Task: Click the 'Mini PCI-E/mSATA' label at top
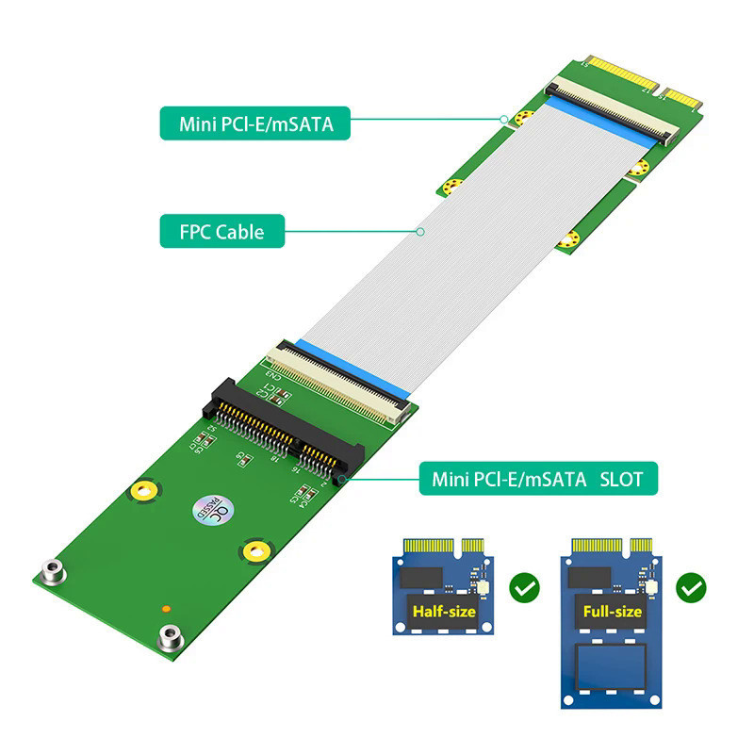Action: point(255,121)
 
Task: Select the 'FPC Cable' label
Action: point(221,230)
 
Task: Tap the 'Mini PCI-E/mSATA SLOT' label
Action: point(537,479)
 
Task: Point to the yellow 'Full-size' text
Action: point(612,612)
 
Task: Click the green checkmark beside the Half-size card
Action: point(524,590)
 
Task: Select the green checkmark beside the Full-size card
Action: point(692,590)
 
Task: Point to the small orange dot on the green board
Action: point(167,609)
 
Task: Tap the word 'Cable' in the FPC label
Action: point(240,230)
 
